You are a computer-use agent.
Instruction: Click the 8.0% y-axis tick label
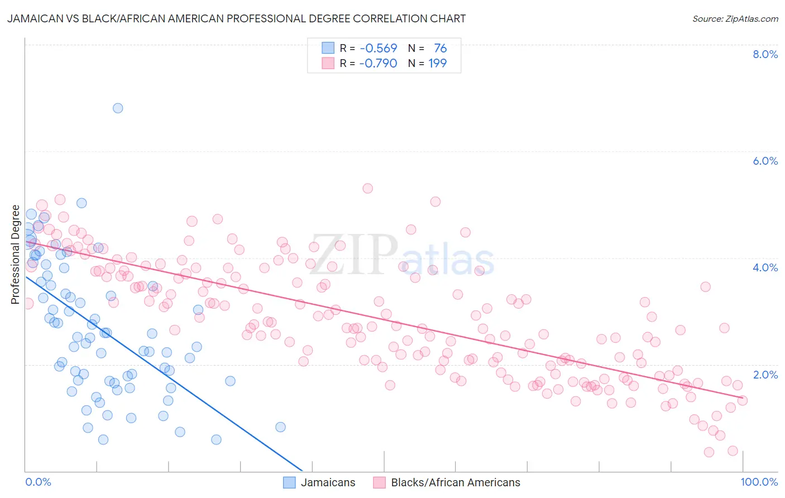tap(765, 54)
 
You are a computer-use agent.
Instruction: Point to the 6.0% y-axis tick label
tap(765, 161)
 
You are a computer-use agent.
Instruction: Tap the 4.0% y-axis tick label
tap(765, 267)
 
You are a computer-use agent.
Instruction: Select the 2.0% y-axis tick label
tap(765, 375)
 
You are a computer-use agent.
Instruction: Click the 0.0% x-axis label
tap(38, 482)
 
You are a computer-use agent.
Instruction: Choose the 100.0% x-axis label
tap(759, 482)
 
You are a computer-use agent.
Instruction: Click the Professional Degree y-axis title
tap(15, 255)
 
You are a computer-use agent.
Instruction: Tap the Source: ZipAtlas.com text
tap(735, 18)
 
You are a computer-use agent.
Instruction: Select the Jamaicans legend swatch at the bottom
tap(289, 482)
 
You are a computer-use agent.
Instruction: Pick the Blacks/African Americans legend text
tap(456, 482)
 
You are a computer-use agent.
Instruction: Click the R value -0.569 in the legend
tap(378, 49)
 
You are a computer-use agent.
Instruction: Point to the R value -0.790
tap(378, 63)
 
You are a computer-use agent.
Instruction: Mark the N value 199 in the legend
tap(437, 63)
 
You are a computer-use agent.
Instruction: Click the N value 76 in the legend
tap(440, 49)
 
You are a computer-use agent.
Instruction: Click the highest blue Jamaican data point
tap(118, 108)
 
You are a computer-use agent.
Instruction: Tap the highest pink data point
tap(367, 188)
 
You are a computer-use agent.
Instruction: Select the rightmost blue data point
tap(280, 427)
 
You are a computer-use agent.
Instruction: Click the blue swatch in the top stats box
tap(328, 48)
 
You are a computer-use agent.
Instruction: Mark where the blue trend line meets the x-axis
tap(302, 471)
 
